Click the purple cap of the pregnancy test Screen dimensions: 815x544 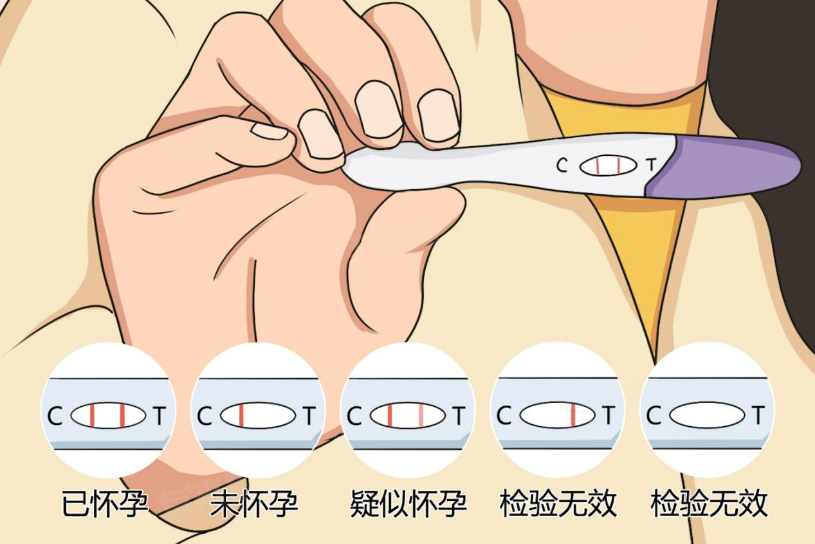tap(724, 168)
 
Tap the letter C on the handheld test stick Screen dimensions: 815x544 tap(562, 165)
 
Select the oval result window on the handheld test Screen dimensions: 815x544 tap(608, 166)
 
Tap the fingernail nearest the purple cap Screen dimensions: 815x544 tap(438, 115)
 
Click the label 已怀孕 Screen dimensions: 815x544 tap(105, 503)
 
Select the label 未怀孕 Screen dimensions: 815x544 tap(254, 503)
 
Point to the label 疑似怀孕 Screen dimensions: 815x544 tap(408, 503)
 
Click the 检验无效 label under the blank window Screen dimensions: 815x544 tap(709, 503)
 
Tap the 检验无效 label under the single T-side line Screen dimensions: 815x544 tap(558, 503)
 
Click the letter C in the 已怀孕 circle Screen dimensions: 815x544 tap(55, 416)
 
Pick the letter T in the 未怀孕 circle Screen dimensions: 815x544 tap(309, 415)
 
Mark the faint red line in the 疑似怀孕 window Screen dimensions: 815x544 tap(421, 415)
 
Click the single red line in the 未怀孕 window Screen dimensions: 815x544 tap(241, 415)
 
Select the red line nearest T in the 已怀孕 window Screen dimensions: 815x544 tap(122, 415)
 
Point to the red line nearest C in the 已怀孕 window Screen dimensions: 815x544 tap(92, 415)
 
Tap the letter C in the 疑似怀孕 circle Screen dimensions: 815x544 tap(354, 416)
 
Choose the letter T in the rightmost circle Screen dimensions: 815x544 tap(758, 415)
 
